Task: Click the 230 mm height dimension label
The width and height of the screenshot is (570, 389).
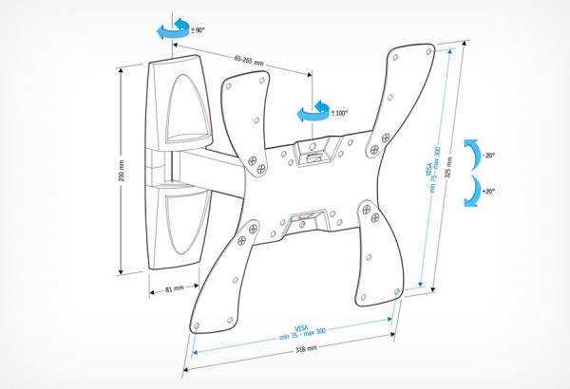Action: click(x=122, y=171)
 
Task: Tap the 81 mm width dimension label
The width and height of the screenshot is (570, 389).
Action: click(x=175, y=289)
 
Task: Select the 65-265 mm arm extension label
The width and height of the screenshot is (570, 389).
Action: click(x=249, y=61)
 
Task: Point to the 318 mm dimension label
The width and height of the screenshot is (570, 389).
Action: click(x=306, y=349)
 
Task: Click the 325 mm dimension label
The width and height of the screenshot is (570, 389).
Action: click(x=448, y=167)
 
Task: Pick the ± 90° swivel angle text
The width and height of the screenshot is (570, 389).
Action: click(x=199, y=30)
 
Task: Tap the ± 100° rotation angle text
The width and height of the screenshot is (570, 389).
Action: click(x=339, y=113)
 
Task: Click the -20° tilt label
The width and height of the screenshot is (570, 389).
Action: click(x=488, y=156)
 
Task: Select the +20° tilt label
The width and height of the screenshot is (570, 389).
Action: click(x=488, y=191)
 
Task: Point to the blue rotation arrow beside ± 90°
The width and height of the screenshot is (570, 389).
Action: click(x=174, y=29)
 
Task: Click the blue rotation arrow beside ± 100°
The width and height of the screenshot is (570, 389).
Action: click(x=313, y=112)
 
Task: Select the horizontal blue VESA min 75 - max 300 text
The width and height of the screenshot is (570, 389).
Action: click(x=302, y=333)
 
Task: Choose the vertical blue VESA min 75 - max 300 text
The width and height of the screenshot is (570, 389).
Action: click(x=431, y=170)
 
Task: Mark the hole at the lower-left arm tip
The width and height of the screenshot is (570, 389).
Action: click(x=197, y=325)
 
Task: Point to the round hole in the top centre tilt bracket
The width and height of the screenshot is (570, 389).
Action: click(x=312, y=146)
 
